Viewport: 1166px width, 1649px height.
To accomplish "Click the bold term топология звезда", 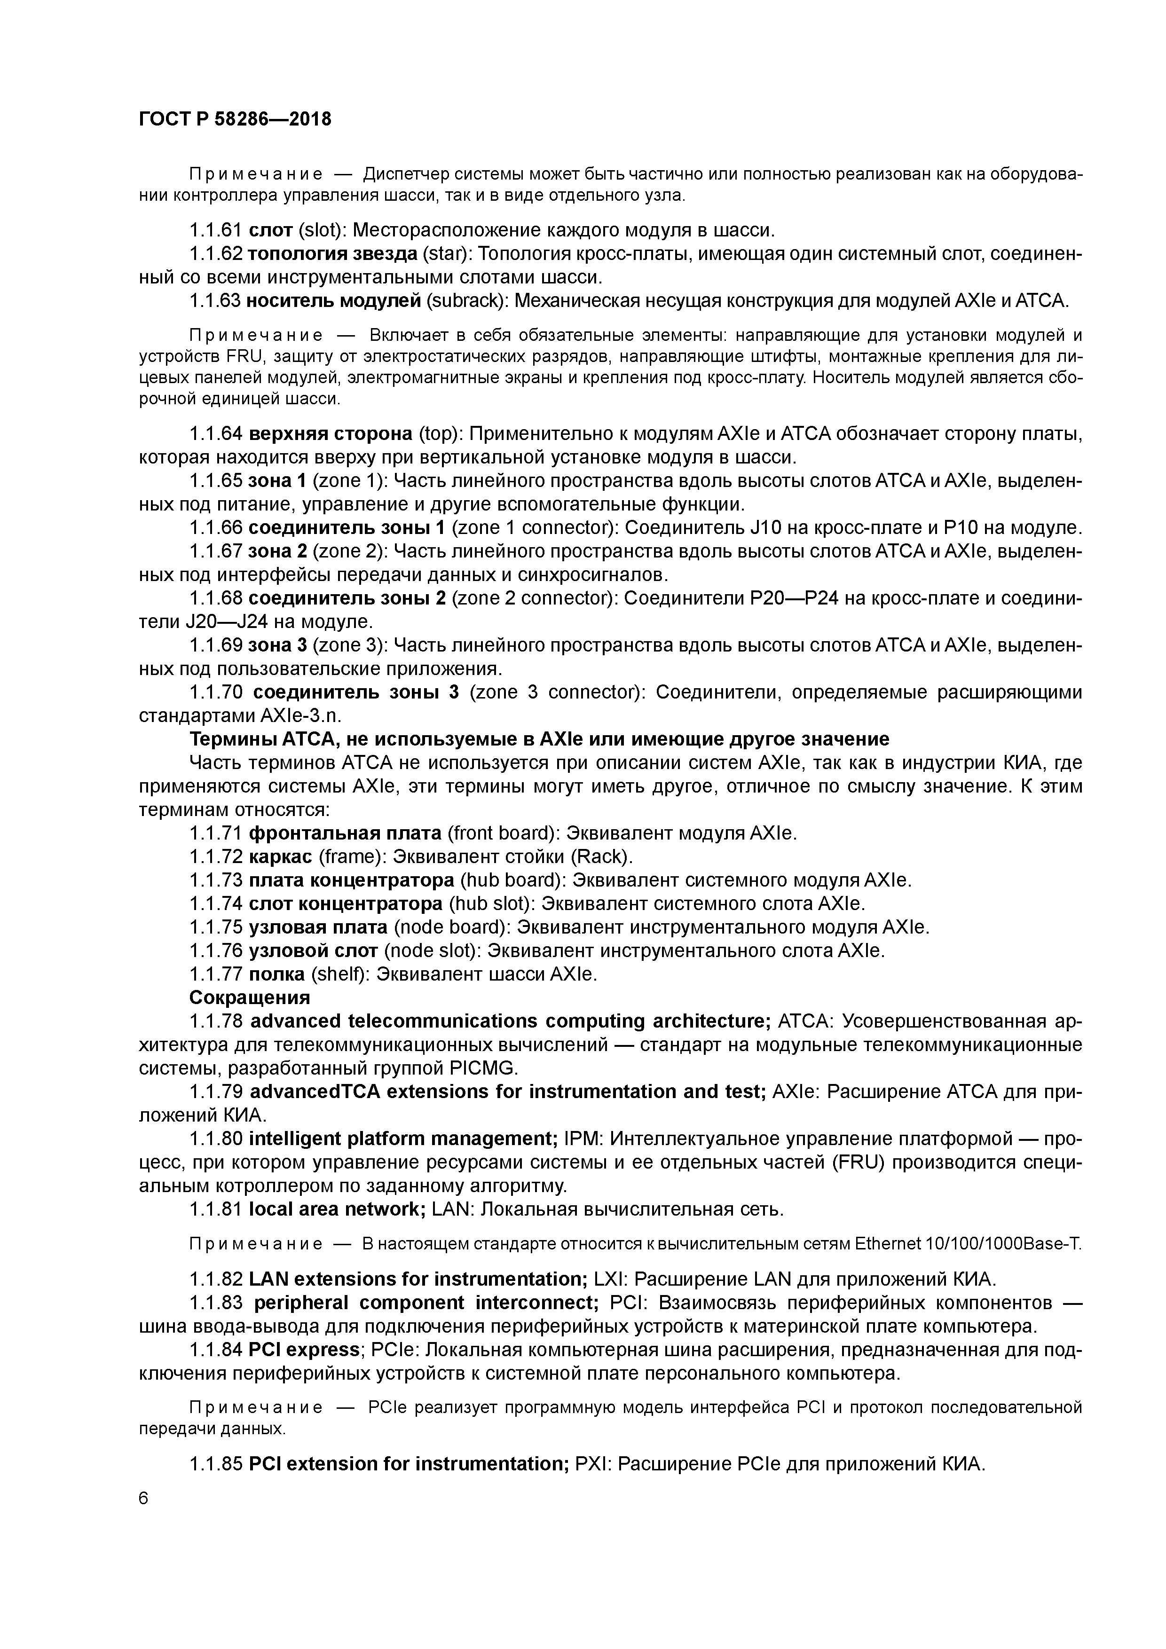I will click(332, 254).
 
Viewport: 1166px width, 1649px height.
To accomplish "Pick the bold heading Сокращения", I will click(249, 997).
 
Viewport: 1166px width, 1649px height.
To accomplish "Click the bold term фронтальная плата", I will click(345, 833).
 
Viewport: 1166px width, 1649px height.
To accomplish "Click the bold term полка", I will click(276, 974).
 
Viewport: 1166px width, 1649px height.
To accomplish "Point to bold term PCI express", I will click(304, 1350).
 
